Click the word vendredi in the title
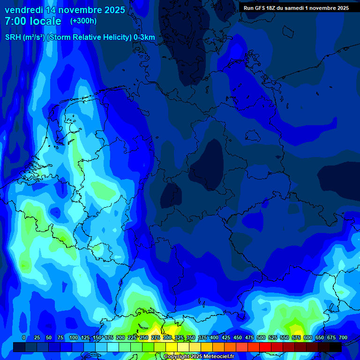point(23,10)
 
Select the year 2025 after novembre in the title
point(112,10)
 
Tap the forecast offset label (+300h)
point(83,21)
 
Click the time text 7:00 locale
point(33,21)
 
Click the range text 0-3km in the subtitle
point(144,37)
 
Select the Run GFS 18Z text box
point(296,8)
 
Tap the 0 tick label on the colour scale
point(24,337)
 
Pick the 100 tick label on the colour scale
point(73,337)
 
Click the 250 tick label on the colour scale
point(144,337)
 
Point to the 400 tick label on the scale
point(214,337)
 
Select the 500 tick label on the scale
point(261,337)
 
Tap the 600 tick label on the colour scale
point(308,337)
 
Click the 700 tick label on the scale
point(343,337)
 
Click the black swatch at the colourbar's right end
point(336,347)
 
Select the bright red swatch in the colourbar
point(265,347)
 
